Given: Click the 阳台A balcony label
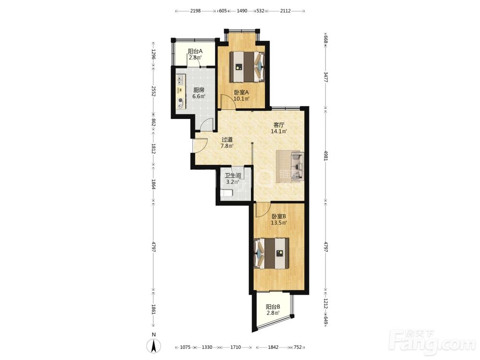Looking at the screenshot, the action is point(195,51).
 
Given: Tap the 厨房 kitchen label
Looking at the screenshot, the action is point(199,90).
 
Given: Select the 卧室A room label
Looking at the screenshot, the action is point(241,92).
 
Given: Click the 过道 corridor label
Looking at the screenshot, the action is point(227,140).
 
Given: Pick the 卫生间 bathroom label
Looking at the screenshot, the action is point(233,176).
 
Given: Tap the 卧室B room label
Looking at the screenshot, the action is point(278,216).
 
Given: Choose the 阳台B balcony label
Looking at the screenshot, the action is point(273,306).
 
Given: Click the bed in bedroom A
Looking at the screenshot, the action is point(247,66).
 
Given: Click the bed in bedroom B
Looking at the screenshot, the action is point(272,253).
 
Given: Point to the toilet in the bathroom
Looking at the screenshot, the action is point(227,193).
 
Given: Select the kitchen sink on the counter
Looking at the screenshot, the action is point(180,80).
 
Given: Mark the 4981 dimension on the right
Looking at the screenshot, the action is point(326,155).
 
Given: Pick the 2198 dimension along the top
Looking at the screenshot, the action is point(195,11).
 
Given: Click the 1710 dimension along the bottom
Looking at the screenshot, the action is point(235,347).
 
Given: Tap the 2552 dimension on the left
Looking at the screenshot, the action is point(154,91).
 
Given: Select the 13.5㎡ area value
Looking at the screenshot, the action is point(278,223).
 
